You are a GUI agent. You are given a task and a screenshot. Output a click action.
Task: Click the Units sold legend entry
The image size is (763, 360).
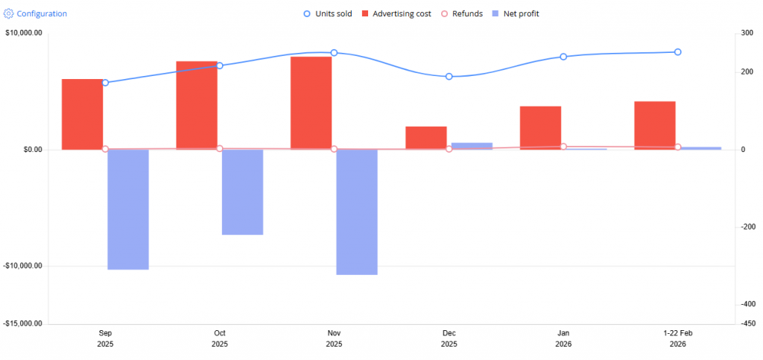tap(328, 13)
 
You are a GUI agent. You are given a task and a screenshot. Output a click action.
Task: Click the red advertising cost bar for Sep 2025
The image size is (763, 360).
tap(82, 114)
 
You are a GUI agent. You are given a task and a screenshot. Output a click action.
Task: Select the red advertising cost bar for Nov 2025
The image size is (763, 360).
tap(311, 103)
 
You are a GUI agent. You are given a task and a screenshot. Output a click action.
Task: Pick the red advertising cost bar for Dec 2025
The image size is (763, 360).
tap(426, 138)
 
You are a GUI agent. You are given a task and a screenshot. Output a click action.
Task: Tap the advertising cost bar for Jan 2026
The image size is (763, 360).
tap(540, 127)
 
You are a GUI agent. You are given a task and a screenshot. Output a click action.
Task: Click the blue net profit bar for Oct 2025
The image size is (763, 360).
tap(243, 192)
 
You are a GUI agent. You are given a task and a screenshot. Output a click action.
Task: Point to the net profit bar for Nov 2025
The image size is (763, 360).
tap(357, 212)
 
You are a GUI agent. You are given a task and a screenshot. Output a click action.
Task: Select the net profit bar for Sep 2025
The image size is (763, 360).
tap(128, 209)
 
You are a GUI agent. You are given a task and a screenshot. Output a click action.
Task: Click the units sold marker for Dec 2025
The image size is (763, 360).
tap(449, 77)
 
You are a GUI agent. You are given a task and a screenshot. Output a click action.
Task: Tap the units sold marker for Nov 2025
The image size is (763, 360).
tap(334, 53)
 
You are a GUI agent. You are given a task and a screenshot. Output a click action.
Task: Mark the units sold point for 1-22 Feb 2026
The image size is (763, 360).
tap(677, 52)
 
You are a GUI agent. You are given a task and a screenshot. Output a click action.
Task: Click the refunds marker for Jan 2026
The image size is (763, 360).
tap(563, 147)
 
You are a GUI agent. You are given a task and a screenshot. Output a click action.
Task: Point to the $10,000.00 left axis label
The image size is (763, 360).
tap(23, 33)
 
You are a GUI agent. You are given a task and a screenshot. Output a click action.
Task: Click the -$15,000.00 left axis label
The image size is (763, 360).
tap(23, 323)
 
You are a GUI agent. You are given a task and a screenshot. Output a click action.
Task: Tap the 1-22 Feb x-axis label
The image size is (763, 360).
tap(677, 332)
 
